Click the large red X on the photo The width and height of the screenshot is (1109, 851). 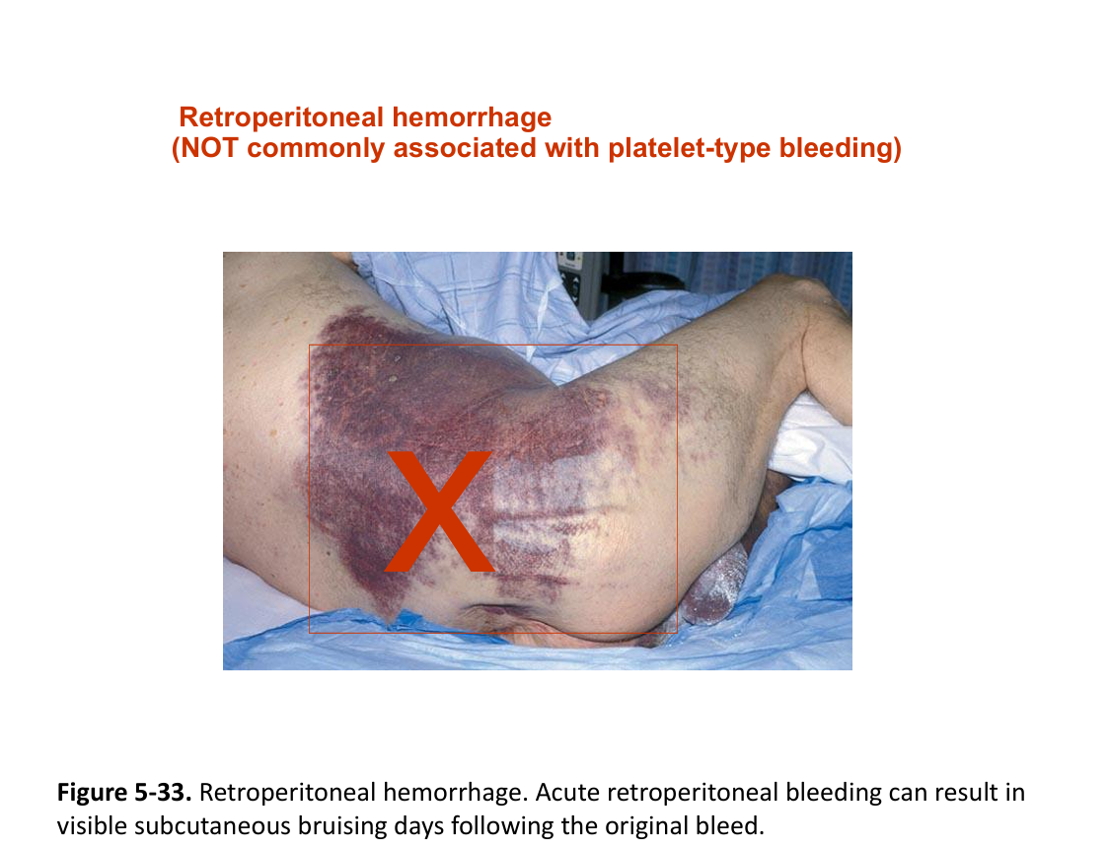tap(440, 510)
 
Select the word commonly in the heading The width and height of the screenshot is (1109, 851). tap(316, 148)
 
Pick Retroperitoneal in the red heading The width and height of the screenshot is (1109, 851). tap(281, 117)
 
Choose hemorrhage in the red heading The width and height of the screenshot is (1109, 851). tap(472, 117)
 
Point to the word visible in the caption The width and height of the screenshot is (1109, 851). tap(92, 825)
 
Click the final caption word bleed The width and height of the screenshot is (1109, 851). tap(730, 825)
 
